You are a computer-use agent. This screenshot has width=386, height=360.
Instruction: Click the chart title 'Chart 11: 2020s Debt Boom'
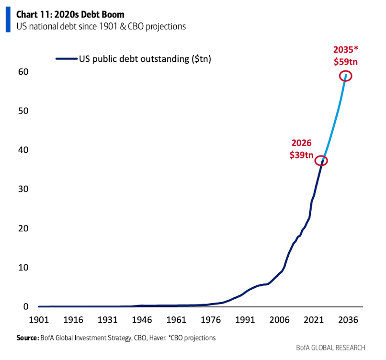pos(70,15)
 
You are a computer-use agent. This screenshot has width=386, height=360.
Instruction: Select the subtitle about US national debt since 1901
pos(101,26)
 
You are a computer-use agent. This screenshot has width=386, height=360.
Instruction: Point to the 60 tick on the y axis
pos(23,72)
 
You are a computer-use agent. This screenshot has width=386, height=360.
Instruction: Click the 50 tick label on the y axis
pos(23,111)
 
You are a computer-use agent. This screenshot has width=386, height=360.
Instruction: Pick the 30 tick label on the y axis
pos(23,189)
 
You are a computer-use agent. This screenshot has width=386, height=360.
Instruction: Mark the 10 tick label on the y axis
pos(23,267)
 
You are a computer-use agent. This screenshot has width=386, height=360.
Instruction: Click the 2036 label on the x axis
pos(346,320)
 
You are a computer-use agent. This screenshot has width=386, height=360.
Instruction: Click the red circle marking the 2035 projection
pos(346,76)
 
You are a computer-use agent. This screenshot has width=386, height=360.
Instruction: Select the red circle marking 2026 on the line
pos(321,161)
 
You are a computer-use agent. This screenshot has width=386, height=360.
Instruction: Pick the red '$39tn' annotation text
pos(302,155)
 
